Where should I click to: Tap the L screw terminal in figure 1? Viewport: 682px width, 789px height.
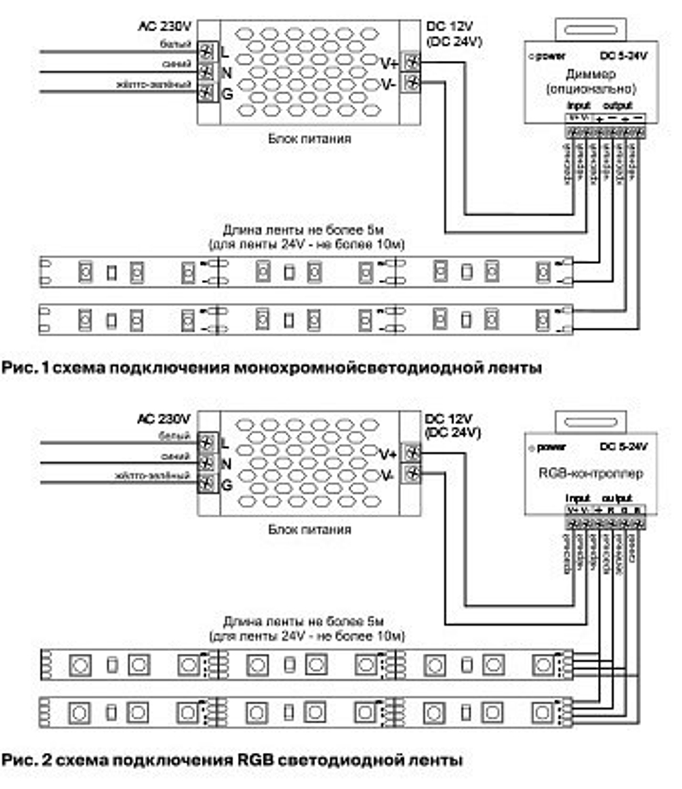coord(207,52)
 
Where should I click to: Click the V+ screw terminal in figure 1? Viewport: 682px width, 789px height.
coord(411,62)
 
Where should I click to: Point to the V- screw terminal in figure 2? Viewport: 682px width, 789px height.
coord(412,473)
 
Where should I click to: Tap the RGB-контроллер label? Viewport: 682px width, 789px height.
coord(591,473)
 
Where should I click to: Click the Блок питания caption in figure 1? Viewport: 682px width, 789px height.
coord(310,138)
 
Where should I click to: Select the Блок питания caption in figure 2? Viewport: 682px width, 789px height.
coord(310,529)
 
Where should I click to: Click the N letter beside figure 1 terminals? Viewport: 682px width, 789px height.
coord(227,72)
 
